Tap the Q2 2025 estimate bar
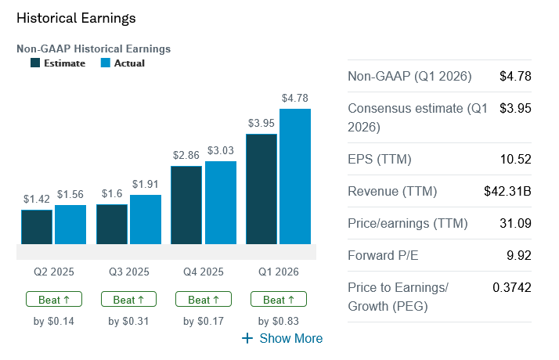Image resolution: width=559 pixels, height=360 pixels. (x=37, y=227)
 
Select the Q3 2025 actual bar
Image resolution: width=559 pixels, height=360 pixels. (x=146, y=219)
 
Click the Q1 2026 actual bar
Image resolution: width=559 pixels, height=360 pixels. (x=295, y=176)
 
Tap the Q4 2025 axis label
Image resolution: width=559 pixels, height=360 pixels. (x=204, y=272)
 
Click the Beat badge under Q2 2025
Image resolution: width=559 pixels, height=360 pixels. (x=54, y=299)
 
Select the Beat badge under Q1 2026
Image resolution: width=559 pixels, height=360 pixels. (x=279, y=299)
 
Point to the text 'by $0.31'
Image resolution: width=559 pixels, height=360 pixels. (x=129, y=321)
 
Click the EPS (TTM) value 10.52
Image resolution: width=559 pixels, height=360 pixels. (x=516, y=160)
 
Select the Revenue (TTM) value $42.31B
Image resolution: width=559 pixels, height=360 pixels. (x=508, y=192)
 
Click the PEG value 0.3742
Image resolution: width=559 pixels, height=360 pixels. (x=512, y=287)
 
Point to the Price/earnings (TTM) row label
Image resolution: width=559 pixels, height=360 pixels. (x=407, y=224)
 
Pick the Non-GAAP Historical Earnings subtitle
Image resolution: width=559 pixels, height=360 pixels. (x=93, y=49)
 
